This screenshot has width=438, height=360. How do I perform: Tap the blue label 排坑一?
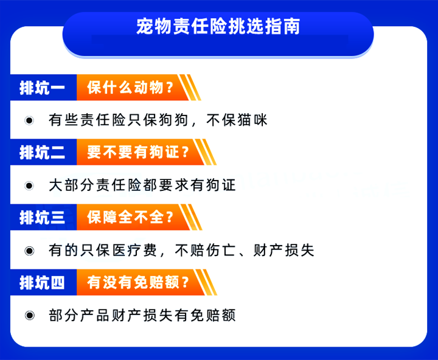point(42,88)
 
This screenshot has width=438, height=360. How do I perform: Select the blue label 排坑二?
point(42,153)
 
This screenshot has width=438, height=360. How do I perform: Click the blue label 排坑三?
point(42,217)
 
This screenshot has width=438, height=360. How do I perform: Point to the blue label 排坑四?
point(42,282)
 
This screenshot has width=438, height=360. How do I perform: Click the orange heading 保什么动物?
point(130,88)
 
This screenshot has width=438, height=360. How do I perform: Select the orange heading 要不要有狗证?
point(138,153)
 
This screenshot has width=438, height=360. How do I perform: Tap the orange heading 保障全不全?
point(130,217)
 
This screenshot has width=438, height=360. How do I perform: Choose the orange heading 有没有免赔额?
point(138,282)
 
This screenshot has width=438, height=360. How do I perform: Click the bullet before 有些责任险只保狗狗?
point(29,120)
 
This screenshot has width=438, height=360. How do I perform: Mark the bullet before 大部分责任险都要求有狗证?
point(29,185)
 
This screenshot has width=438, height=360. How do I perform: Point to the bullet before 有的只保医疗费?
point(29,250)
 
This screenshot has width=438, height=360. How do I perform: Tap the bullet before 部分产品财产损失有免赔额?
point(29,315)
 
